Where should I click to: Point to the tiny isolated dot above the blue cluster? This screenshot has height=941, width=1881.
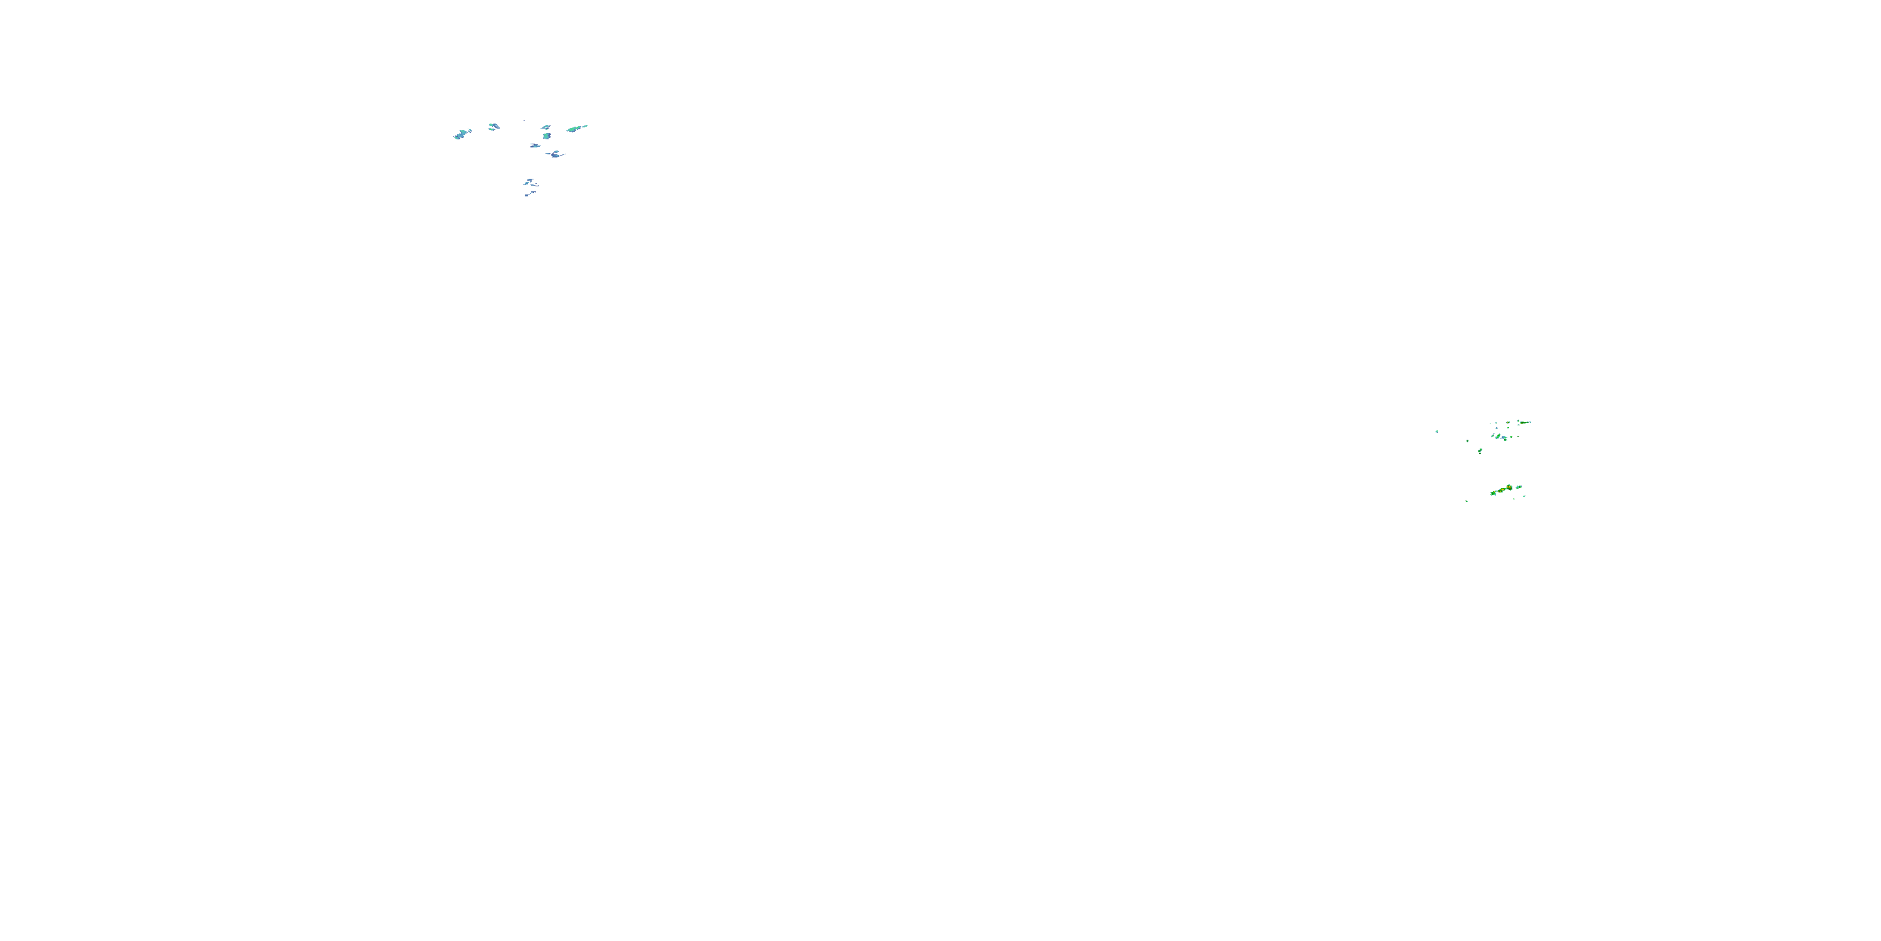[524, 121]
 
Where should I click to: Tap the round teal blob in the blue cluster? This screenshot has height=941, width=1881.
[547, 137]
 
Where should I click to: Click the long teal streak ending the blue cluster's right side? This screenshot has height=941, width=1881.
[576, 129]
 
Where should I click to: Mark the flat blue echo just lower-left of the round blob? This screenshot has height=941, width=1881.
[535, 146]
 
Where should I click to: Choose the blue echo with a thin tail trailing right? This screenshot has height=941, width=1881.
[556, 155]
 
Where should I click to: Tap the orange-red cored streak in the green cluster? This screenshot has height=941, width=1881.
[1522, 423]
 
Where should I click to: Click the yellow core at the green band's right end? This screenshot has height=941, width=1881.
[1509, 487]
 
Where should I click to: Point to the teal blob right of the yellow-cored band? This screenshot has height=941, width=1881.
[1519, 487]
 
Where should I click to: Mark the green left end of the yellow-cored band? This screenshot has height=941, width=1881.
[1494, 493]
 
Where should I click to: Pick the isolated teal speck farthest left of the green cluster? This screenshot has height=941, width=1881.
[1437, 432]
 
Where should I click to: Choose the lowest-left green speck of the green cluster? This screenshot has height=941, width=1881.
[1467, 501]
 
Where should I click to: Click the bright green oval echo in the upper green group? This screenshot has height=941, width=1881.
[1499, 436]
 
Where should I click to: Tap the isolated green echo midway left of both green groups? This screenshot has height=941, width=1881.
[1480, 451]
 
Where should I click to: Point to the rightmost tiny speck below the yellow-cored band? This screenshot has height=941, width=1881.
[1524, 496]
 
